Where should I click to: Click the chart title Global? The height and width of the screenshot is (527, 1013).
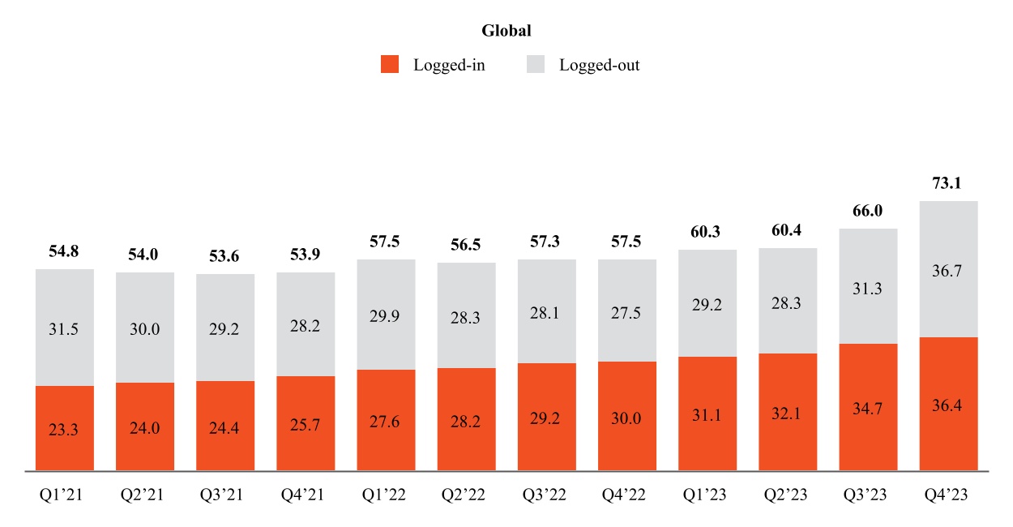tap(506, 31)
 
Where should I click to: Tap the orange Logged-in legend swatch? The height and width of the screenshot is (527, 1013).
tap(390, 65)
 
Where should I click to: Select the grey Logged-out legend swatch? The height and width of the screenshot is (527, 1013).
tap(536, 65)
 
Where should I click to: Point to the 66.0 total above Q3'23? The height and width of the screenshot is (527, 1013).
tap(868, 211)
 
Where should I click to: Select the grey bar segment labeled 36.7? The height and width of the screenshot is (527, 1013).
tap(948, 269)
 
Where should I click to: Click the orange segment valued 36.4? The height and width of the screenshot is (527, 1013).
tap(948, 404)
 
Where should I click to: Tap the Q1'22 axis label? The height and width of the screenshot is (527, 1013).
tap(386, 494)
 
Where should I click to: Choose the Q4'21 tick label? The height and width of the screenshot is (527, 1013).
tap(306, 494)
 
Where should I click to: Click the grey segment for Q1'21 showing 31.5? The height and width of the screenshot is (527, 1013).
tap(65, 328)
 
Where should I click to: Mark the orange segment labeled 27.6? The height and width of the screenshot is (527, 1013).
tap(386, 420)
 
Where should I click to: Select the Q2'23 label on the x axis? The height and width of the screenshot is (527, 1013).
tap(788, 494)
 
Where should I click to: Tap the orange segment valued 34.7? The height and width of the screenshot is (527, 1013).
tap(868, 407)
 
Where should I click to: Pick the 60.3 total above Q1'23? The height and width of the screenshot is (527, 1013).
tap(707, 232)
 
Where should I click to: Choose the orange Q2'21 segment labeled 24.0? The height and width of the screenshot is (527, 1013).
tap(145, 426)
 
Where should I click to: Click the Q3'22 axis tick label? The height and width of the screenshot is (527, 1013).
tap(547, 494)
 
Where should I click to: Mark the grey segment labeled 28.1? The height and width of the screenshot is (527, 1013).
tap(547, 311)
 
